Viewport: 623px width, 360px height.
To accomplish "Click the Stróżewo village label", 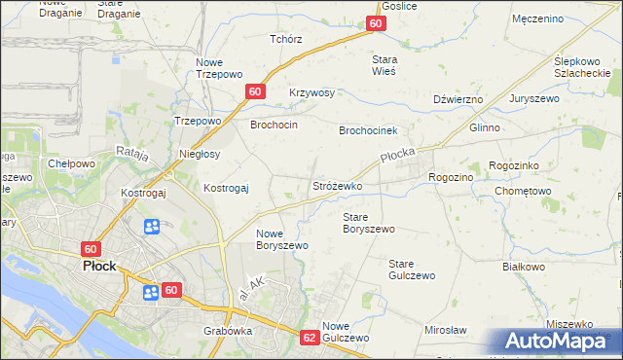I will pyautogui.click(x=338, y=186).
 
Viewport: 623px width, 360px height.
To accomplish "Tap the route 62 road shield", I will pyautogui.click(x=310, y=338).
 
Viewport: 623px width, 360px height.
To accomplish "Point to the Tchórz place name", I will pyautogui.click(x=286, y=40).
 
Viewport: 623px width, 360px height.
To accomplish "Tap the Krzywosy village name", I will pyautogui.click(x=311, y=93).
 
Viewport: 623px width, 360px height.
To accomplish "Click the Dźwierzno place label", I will pyautogui.click(x=458, y=99).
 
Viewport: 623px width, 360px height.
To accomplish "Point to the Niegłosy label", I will pyautogui.click(x=201, y=154).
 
